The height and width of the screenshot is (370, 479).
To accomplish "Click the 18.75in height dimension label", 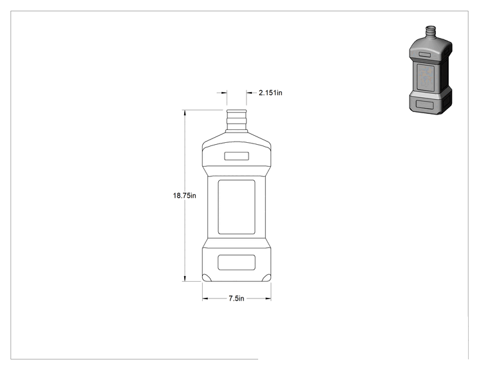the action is pos(185,196).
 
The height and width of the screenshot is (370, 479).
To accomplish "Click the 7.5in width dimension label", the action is pos(236,299).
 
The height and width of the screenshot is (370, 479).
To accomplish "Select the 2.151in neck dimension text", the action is pos(270,93).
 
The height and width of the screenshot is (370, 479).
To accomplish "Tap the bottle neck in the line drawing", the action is pos(236,120).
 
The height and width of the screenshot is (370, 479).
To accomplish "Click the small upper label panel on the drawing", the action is pos(236,156).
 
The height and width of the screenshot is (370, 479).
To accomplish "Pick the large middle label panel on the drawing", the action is pos(236,207).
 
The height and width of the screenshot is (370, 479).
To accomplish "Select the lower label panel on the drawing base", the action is pos(236,263).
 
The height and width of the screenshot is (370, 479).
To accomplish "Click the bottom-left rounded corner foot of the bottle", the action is pos(207,277).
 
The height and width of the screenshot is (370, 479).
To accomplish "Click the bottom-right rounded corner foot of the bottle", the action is pos(267,277).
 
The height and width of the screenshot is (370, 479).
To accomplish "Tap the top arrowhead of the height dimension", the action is pos(185,113).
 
